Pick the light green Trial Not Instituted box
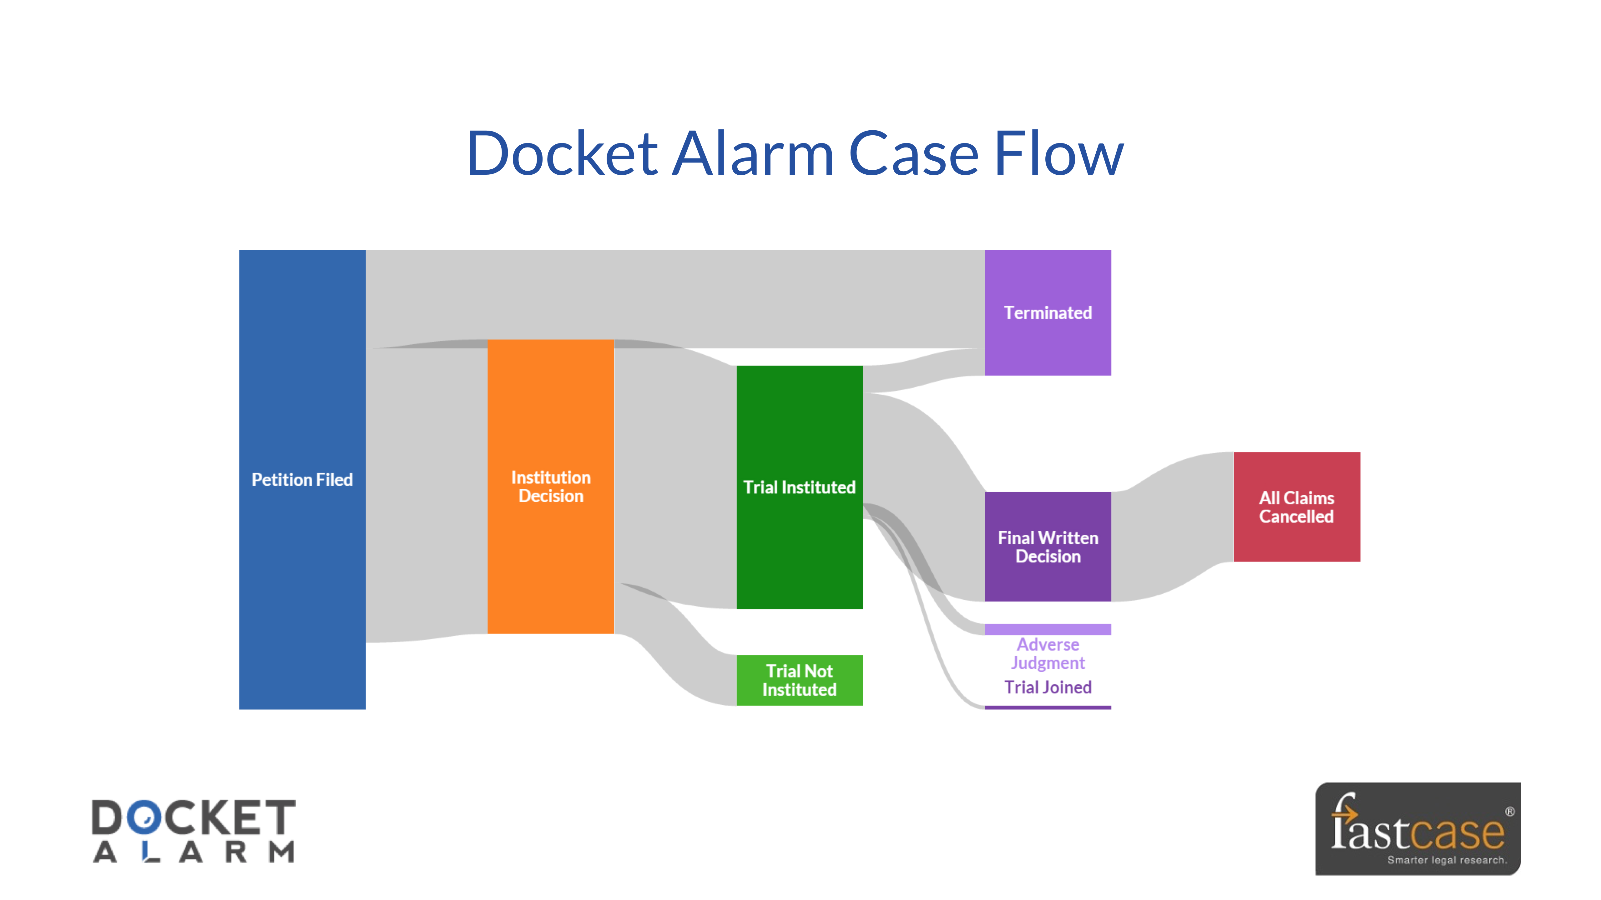click(799, 680)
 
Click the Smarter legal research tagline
click(1447, 860)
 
